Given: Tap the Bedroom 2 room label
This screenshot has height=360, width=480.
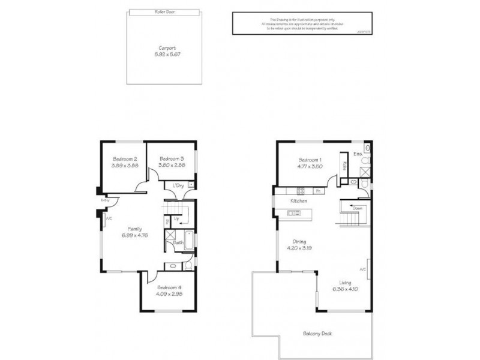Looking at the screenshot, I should pos(124,158).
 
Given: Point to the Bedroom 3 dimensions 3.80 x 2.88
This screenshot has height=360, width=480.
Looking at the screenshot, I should pos(172,164).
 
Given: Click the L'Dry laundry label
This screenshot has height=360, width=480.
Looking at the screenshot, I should pos(178,185).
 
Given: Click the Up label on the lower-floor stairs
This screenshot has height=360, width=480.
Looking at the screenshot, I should pos(177,220).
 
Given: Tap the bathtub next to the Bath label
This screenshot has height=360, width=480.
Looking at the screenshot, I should pos(188,240).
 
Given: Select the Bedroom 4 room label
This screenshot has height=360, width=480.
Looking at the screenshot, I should pos(169,289).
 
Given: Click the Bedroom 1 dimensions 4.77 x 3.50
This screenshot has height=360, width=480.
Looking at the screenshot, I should pos(311,166).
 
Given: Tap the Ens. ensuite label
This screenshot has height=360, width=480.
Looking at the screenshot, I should pos(359,154).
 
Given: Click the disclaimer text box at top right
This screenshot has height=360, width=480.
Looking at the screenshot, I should pos(290,23).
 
